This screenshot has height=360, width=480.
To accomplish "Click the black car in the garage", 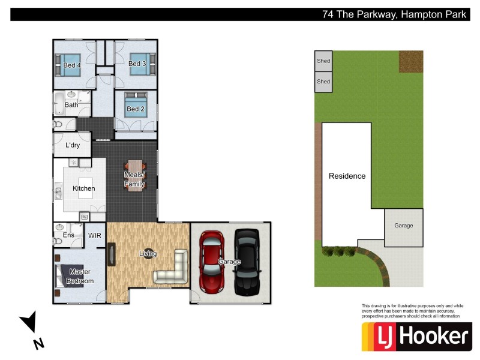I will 247,262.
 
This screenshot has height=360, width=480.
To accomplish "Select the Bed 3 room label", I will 137,64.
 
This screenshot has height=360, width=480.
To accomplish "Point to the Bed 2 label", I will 135,109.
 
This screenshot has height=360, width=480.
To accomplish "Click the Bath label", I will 71,105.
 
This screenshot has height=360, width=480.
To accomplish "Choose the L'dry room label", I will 73,145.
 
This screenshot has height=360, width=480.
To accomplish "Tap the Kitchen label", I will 84,188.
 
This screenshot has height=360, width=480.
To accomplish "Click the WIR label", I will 95,235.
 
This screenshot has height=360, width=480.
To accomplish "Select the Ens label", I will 69,235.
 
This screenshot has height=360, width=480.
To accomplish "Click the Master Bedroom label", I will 80,276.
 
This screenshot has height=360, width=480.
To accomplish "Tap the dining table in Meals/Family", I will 134,175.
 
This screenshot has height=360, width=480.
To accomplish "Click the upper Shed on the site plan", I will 323,61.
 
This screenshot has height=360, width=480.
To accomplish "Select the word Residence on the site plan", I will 347,176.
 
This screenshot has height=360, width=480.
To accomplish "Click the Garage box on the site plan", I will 403,226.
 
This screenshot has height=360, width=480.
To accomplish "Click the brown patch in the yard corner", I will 411,61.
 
